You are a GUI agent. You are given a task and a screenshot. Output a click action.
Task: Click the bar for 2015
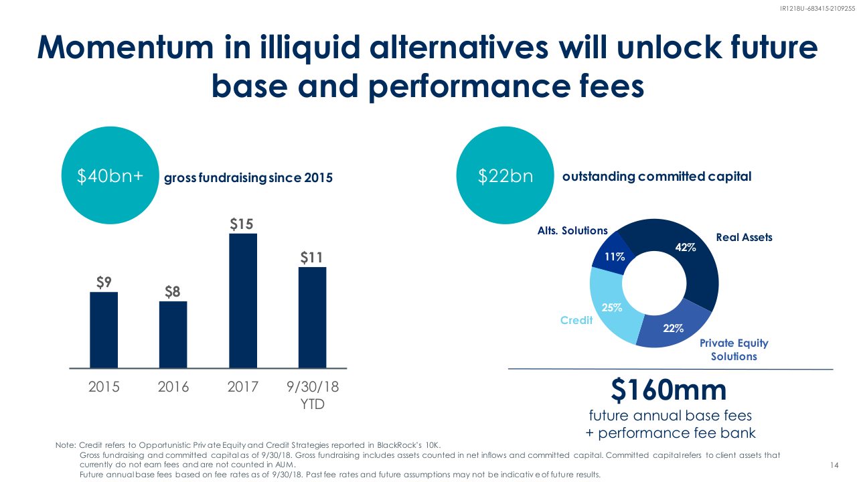point(104,329)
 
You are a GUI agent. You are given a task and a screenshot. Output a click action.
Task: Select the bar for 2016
point(173,334)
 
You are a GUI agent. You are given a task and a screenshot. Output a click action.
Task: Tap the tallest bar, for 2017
point(242,300)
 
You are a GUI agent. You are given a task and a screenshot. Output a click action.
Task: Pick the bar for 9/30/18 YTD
point(312,317)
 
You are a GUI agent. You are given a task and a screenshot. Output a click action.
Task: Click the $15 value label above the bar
point(242,223)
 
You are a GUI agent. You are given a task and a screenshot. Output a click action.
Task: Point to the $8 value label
point(173,291)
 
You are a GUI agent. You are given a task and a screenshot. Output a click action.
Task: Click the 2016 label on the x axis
point(173,387)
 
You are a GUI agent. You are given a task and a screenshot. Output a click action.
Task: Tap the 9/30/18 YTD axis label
point(312,395)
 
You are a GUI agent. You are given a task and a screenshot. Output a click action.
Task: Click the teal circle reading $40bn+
point(110,175)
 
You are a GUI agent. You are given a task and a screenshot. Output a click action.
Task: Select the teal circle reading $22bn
point(505,175)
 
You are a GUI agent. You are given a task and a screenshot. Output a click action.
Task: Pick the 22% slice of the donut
point(672,328)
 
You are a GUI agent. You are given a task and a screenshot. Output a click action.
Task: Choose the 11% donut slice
point(612,256)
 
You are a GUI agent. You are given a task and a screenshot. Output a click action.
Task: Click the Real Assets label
point(744,238)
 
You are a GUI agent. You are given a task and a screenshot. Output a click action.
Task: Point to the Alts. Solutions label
point(572,230)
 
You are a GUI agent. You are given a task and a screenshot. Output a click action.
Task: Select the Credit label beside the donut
point(576,320)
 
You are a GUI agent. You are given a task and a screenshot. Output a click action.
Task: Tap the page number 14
point(834,465)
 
